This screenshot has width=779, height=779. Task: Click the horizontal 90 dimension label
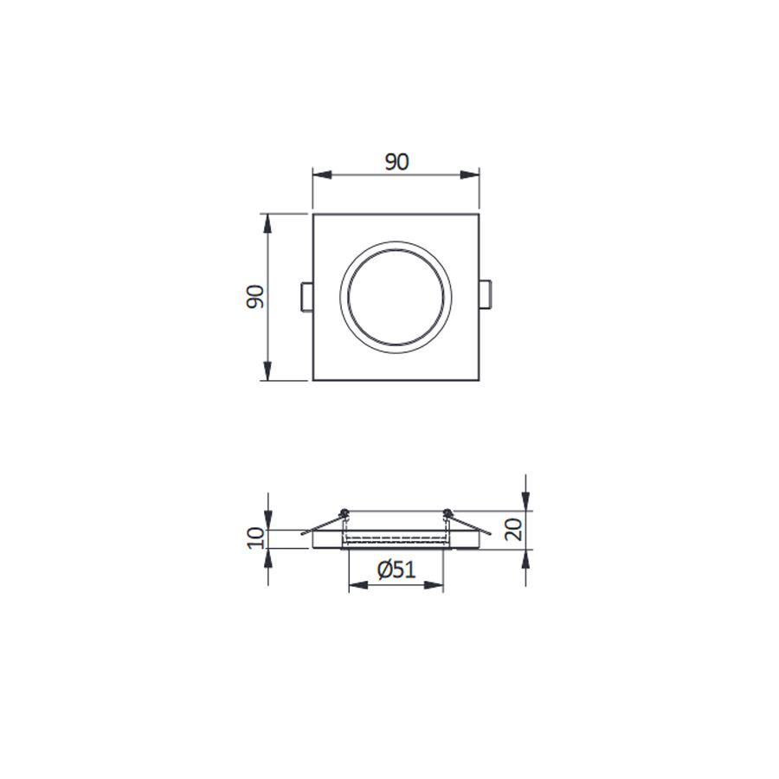[396, 162]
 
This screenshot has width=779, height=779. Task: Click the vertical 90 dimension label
[255, 297]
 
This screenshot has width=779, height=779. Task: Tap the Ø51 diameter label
[396, 570]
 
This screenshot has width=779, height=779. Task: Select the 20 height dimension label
[513, 529]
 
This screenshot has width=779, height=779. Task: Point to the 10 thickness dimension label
[255, 538]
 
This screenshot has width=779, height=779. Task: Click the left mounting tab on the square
[307, 297]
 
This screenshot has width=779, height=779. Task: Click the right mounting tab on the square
[486, 294]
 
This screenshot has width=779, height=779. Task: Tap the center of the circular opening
[396, 297]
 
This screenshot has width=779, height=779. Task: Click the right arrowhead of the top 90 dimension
[469, 175]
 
